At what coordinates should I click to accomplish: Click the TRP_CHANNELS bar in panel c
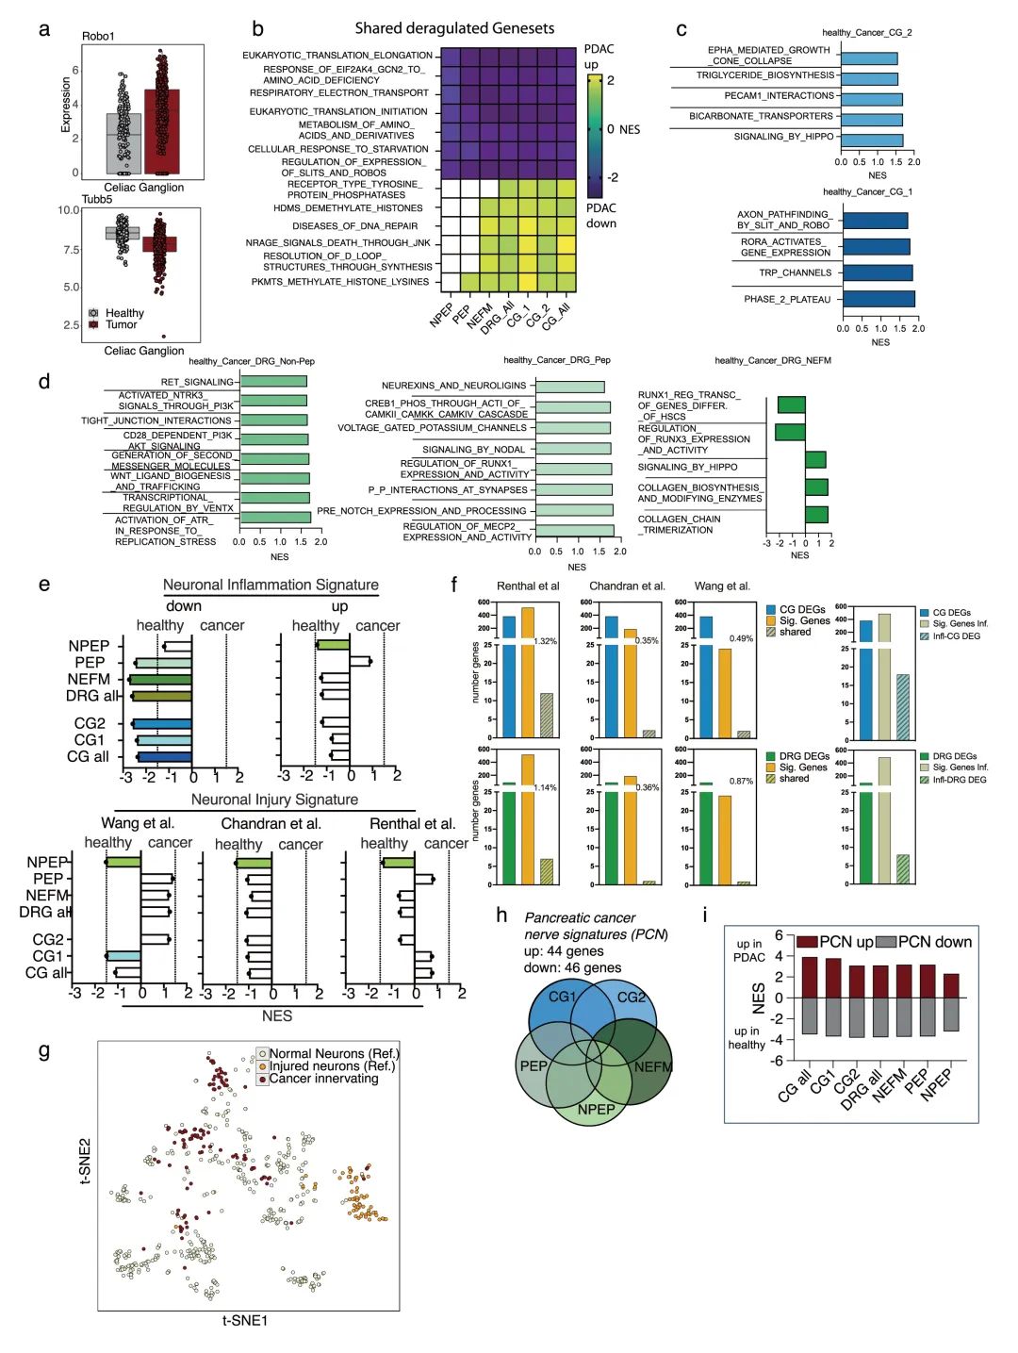[x=877, y=272]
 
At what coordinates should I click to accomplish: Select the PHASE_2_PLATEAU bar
[x=878, y=299]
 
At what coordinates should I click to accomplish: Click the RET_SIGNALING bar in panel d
[x=273, y=382]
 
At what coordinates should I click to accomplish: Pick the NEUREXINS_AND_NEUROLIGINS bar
[x=569, y=387]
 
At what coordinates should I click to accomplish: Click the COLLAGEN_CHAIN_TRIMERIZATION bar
[x=816, y=515]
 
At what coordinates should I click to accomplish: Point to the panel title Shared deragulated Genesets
[x=454, y=28]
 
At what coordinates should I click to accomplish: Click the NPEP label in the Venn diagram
[x=596, y=1109]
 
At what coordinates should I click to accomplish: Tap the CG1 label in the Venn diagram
[x=562, y=997]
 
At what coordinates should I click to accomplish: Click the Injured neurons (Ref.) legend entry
[x=332, y=1066]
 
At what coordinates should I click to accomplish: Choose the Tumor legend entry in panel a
[x=121, y=324]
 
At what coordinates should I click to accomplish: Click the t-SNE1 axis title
[x=245, y=1321]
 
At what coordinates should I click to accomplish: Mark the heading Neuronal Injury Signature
[x=274, y=800]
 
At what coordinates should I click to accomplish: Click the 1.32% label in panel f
[x=545, y=641]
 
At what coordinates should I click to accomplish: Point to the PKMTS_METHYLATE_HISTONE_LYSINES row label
[x=339, y=282]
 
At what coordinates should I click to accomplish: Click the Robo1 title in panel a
[x=98, y=36]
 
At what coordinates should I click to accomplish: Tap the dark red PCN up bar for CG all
[x=809, y=978]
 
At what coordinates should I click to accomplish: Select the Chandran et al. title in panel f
[x=627, y=586]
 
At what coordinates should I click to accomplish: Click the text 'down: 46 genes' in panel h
[x=572, y=967]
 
